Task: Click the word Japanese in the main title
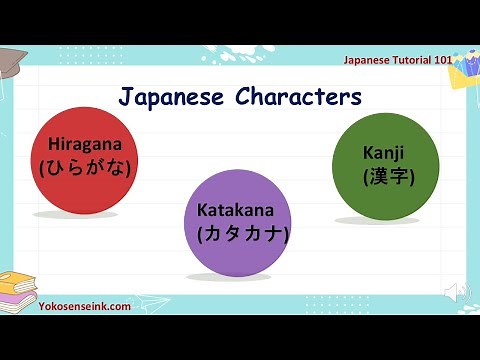pos(172,97)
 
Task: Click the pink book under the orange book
pos(20,292)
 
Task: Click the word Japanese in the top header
pos(364,60)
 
